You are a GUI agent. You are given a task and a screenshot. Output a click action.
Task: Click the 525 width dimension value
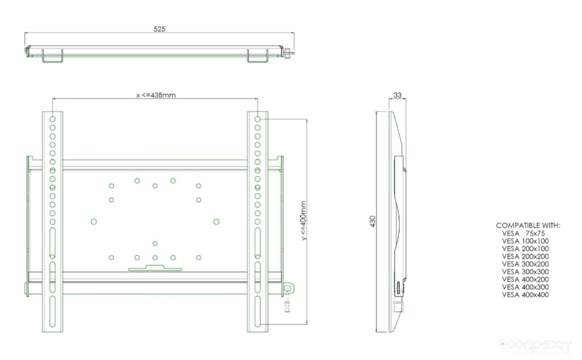pyautogui.click(x=160, y=29)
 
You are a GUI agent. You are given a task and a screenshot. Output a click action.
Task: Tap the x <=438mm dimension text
pyautogui.click(x=156, y=95)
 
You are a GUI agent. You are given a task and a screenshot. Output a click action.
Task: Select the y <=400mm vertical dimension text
pyautogui.click(x=303, y=220)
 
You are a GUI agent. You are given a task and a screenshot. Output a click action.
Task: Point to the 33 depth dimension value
pyautogui.click(x=397, y=95)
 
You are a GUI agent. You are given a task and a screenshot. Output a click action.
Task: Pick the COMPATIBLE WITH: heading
pyautogui.click(x=528, y=225)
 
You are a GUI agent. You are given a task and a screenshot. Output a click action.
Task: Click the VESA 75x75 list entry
pyautogui.click(x=525, y=233)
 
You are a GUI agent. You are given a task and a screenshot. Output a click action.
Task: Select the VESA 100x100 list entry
pyautogui.click(x=525, y=241)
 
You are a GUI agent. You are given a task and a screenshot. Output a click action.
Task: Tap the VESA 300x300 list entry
pyautogui.click(x=525, y=272)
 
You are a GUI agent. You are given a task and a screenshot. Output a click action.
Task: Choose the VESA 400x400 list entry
pyautogui.click(x=525, y=295)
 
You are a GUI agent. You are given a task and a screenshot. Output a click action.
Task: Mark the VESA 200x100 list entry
pyautogui.click(x=525, y=248)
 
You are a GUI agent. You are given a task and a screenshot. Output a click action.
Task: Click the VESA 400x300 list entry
pyautogui.click(x=525, y=287)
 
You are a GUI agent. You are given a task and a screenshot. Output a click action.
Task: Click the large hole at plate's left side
pyautogui.click(x=94, y=221)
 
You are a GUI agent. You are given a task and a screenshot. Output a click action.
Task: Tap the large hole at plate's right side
pyautogui.click(x=217, y=221)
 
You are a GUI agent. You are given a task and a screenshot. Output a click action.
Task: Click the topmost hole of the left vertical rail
pyautogui.click(x=52, y=119)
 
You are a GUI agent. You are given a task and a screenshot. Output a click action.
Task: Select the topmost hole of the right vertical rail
pyautogui.click(x=258, y=119)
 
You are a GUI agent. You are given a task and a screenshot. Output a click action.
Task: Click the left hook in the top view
pyautogui.click(x=52, y=56)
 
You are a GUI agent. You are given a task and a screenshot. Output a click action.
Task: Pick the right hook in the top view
pyautogui.click(x=257, y=56)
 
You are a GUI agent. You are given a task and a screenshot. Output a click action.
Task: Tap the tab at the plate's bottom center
pyautogui.click(x=155, y=267)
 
